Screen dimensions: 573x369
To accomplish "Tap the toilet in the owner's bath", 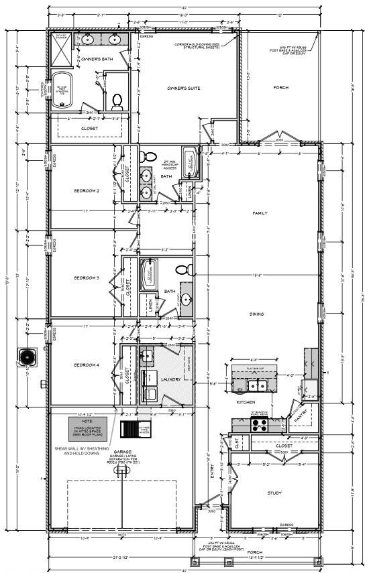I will click(117, 101).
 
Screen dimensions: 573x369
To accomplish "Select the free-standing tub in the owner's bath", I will click(62, 88).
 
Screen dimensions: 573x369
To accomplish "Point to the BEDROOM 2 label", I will click(87, 191).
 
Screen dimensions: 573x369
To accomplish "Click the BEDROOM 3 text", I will click(87, 277).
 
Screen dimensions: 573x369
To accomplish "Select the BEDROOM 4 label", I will click(87, 365).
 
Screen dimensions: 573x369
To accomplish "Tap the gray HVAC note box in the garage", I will click(87, 427).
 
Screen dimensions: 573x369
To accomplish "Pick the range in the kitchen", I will click(260, 424).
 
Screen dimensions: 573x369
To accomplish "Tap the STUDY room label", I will click(274, 493).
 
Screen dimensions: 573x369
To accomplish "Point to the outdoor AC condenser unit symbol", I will click(28, 355).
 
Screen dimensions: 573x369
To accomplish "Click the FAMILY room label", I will click(260, 213).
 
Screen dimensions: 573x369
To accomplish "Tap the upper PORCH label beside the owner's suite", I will click(280, 88).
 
